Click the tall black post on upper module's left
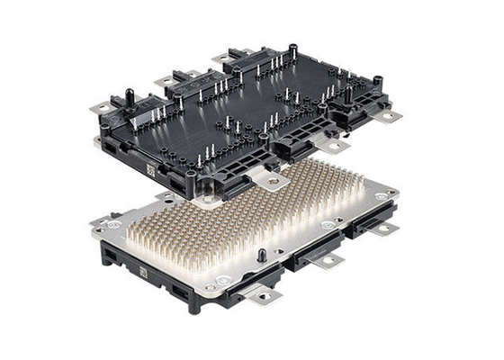click(x=129, y=94)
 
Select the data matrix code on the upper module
click(x=150, y=170)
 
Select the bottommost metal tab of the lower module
click(x=267, y=294)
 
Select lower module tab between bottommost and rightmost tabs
click(x=329, y=260)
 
